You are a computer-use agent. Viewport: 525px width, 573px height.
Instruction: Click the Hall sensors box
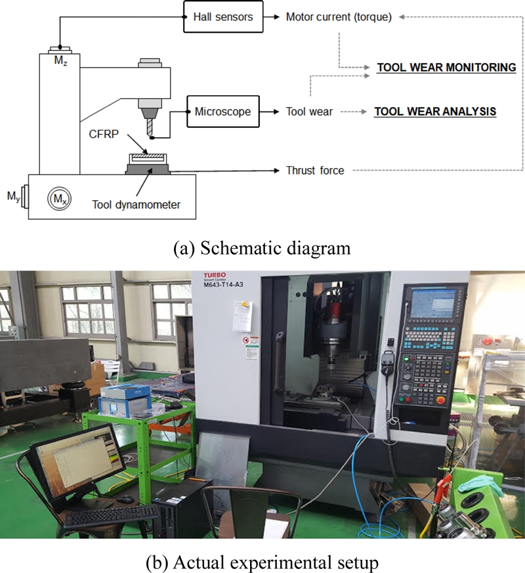[x=223, y=16]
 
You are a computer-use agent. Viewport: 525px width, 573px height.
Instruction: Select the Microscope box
[x=222, y=112]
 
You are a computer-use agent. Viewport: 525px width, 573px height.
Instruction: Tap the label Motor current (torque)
[x=339, y=17]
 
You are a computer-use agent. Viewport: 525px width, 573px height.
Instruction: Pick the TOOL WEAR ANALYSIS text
[x=435, y=112]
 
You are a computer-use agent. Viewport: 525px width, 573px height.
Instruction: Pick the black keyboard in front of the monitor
[x=112, y=517]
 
